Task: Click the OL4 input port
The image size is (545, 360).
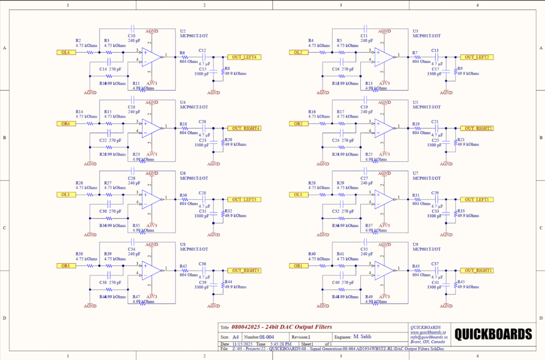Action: pos(64,52)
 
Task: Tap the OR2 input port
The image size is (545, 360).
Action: pos(297,124)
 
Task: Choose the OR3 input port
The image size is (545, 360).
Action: pos(64,266)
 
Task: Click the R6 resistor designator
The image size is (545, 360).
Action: pos(183,53)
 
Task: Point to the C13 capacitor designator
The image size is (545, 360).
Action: pos(435,51)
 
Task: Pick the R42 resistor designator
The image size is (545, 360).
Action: pos(183,266)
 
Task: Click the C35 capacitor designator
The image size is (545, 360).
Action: pos(365,249)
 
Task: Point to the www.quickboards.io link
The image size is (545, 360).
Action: pos(428,332)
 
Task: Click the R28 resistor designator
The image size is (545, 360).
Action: pos(312,183)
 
